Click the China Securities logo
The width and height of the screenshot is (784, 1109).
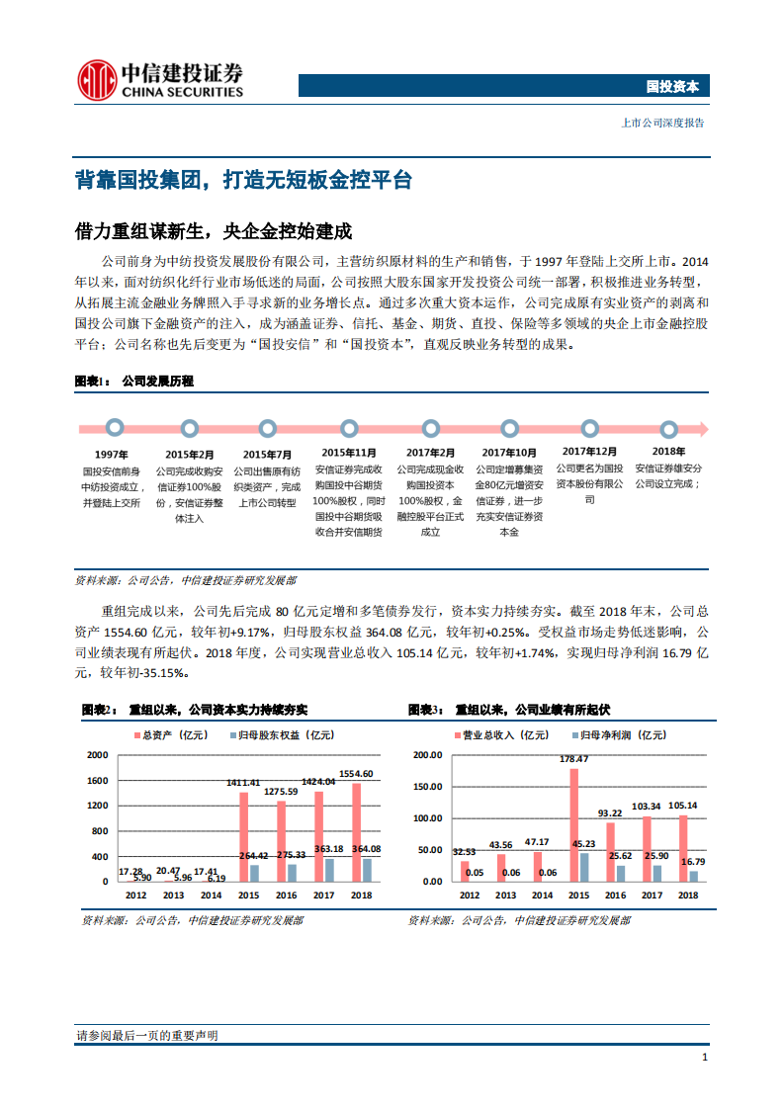tap(160, 80)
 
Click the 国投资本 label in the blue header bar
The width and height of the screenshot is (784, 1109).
tap(672, 87)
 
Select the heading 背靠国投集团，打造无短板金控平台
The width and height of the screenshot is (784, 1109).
tap(243, 181)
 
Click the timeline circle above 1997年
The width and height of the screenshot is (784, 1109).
tap(115, 428)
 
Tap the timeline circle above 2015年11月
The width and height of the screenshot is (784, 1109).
tap(347, 428)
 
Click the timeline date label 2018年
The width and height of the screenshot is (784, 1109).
tap(667, 452)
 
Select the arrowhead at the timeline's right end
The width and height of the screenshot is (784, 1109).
tap(700, 428)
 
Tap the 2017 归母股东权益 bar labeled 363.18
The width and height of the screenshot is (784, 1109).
tap(328, 869)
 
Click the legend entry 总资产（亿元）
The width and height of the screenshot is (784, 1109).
tap(170, 735)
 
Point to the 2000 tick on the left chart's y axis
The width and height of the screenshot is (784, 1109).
tap(97, 755)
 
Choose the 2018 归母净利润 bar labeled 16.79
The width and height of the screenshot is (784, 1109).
tap(693, 875)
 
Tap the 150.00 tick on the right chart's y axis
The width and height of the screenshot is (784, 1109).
tap(428, 787)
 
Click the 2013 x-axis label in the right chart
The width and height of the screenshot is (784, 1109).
tap(505, 896)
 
